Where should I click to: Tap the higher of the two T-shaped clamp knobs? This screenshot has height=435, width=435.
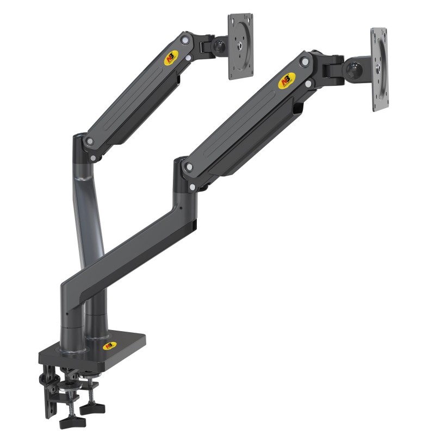tap(86, 405)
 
